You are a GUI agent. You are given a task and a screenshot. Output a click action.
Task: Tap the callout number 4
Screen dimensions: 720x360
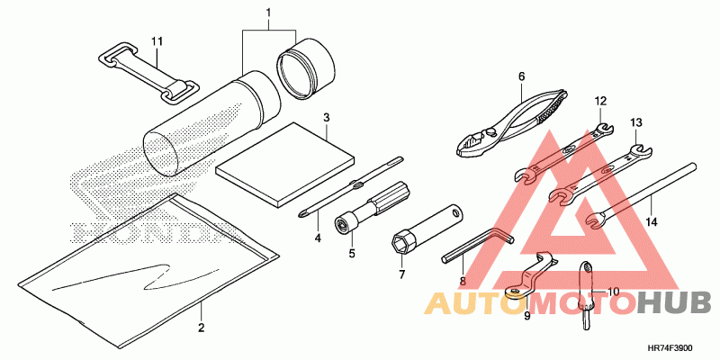pyautogui.click(x=317, y=238)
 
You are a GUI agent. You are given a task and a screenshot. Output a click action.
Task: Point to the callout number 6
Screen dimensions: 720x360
pyautogui.click(x=521, y=76)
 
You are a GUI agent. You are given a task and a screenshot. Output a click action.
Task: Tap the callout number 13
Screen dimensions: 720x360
pyautogui.click(x=635, y=121)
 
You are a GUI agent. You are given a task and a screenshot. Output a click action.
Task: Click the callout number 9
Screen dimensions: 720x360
pyautogui.click(x=527, y=315)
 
